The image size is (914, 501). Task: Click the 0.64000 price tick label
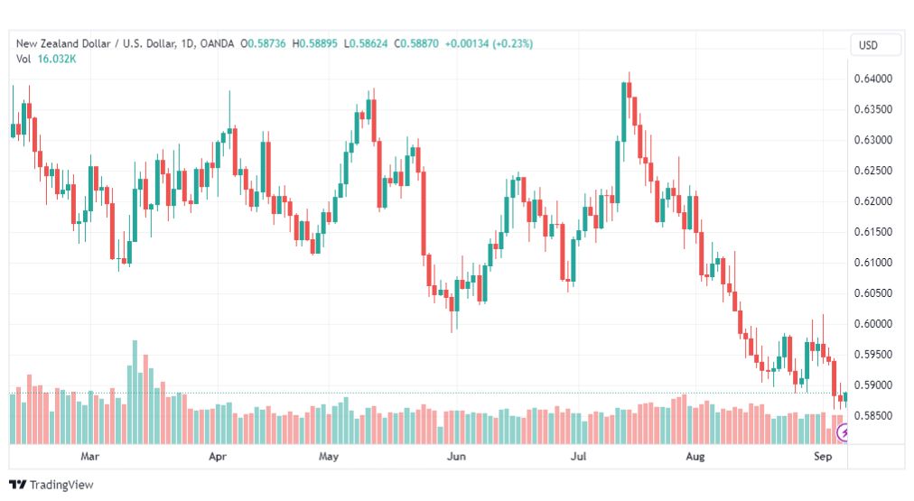point(872,79)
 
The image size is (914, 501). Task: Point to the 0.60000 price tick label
point(872,324)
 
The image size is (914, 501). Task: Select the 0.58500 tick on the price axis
point(872,416)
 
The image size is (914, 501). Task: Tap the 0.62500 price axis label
point(872,171)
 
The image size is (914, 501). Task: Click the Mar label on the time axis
point(89,456)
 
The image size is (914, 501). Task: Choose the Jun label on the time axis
point(456,456)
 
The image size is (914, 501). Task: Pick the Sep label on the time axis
point(823,456)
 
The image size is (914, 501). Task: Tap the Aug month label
point(695,456)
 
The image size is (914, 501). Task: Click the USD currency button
point(868,45)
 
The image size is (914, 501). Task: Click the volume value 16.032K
point(57,59)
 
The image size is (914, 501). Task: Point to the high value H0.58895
point(315,43)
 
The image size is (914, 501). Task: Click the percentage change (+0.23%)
point(512,43)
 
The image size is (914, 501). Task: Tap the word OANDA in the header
point(217,43)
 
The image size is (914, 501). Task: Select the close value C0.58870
point(416,43)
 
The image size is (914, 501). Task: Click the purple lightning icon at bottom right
point(843,432)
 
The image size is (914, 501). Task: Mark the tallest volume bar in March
point(135,392)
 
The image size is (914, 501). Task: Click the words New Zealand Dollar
point(63,43)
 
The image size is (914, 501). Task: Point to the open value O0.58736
point(264,43)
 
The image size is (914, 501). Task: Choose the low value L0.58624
point(366,43)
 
